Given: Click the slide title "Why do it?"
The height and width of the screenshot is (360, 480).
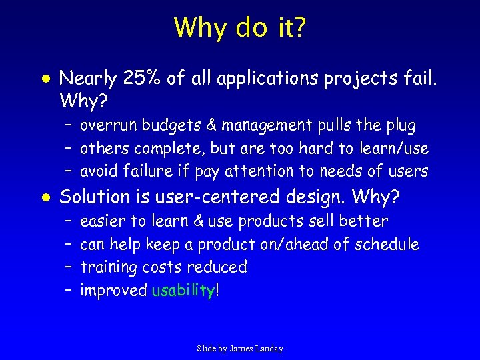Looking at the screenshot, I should [240, 27].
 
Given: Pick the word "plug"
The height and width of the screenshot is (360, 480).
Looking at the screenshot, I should [400, 125].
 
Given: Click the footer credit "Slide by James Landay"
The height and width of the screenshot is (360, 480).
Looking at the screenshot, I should [240, 348].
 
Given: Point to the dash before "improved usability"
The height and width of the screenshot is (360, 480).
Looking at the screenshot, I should [68, 291].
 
